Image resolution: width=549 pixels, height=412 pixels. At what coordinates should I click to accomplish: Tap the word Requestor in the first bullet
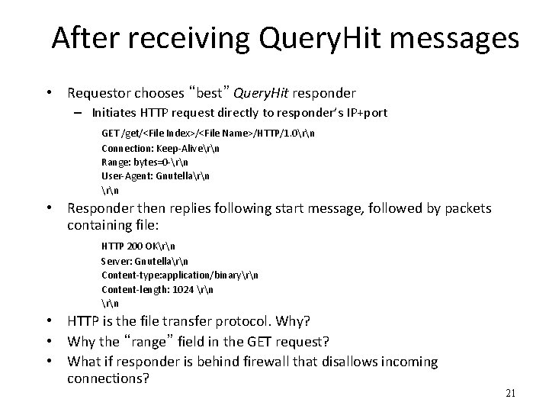tap(100, 94)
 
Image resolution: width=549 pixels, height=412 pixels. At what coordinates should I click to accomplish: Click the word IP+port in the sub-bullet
tap(364, 113)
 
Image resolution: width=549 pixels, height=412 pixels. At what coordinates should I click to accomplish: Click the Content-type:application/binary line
tap(179, 275)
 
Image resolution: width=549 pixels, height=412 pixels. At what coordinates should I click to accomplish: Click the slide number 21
tap(511, 394)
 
